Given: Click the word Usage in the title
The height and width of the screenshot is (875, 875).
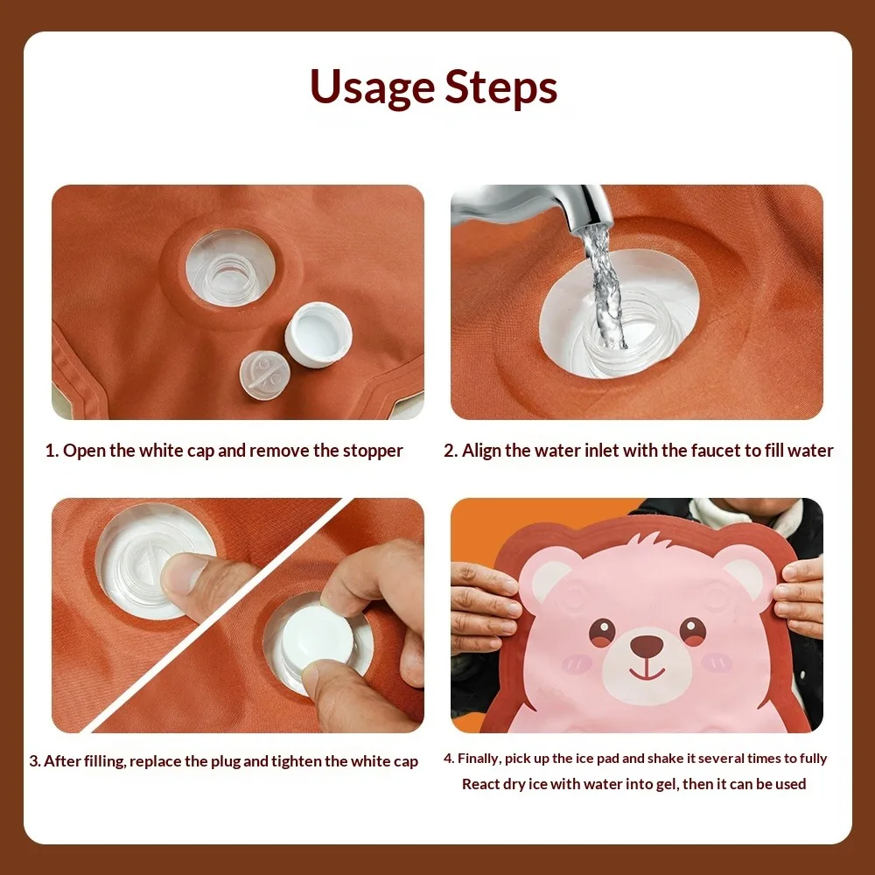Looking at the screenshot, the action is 372,87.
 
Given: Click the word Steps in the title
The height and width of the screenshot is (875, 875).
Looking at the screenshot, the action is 501,87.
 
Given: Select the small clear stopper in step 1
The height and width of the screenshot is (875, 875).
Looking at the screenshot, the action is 265,374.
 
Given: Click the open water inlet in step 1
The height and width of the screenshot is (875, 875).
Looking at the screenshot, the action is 230,268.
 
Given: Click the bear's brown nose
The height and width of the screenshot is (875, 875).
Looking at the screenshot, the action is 647,646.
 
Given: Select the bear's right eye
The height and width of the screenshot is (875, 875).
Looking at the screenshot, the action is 692,631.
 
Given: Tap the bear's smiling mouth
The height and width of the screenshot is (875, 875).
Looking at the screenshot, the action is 647,671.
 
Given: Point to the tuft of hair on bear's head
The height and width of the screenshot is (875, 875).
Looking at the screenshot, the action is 652,540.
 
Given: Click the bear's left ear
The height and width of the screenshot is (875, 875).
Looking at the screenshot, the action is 548,578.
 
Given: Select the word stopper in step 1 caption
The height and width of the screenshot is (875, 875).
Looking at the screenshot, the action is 373,451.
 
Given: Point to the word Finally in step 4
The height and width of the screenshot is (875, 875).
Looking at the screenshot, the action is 479,759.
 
